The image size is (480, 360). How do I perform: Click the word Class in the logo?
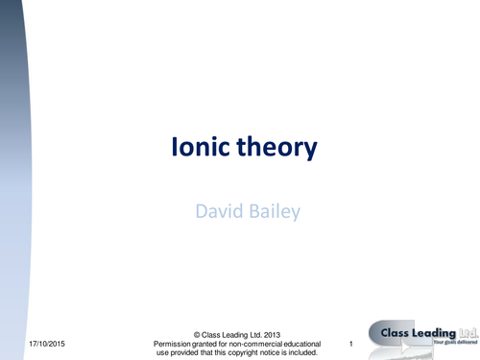coord(396,333)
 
